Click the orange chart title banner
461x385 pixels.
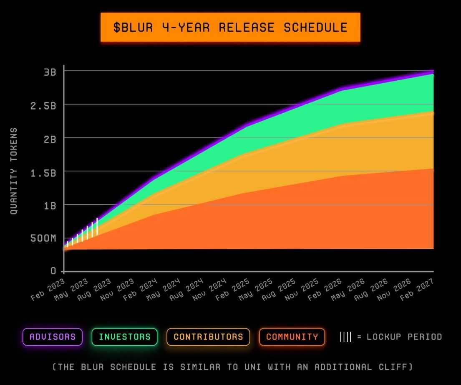point(230,27)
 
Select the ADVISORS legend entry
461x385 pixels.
point(53,337)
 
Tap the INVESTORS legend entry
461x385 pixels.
point(124,337)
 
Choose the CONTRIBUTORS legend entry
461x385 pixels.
point(208,337)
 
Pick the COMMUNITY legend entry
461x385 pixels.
point(292,337)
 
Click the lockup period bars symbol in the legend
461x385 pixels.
point(345,337)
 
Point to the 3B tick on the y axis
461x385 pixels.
point(50,71)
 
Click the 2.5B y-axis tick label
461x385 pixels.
point(43,105)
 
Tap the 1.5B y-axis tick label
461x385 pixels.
point(43,172)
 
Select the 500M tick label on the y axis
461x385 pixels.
point(43,239)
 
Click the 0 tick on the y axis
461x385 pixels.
point(53,271)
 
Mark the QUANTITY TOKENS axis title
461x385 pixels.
point(14,171)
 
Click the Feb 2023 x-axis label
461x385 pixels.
point(48,289)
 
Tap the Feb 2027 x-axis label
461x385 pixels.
point(419,289)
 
